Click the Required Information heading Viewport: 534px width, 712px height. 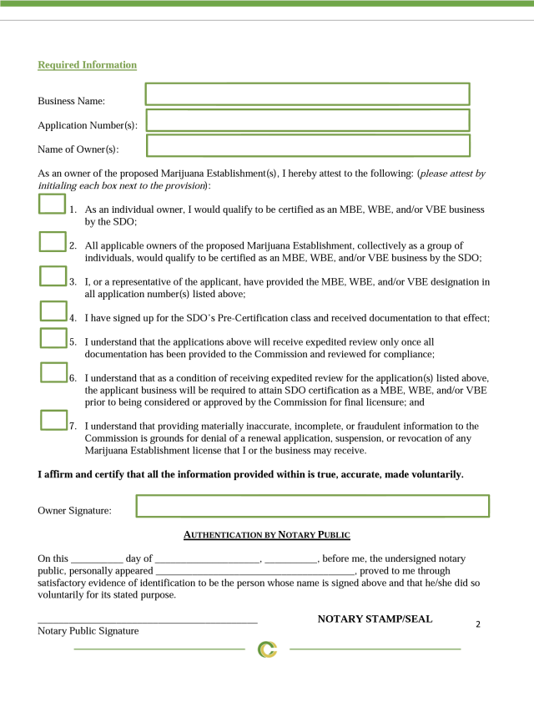click(x=87, y=65)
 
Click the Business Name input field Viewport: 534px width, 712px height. click(x=307, y=94)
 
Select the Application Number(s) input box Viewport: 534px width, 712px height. click(x=308, y=120)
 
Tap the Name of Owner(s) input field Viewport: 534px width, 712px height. click(x=308, y=145)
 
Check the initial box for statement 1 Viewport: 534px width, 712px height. click(x=52, y=204)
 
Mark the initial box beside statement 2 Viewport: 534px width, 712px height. click(x=53, y=241)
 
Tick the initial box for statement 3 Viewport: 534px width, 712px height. click(x=53, y=276)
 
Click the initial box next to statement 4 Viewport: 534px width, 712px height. click(x=53, y=311)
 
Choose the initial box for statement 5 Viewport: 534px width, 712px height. click(x=53, y=337)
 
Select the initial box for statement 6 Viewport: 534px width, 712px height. click(x=53, y=372)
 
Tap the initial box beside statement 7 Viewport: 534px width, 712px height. click(x=53, y=420)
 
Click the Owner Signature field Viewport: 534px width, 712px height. click(x=312, y=506)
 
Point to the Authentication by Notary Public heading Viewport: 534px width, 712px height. click(x=266, y=535)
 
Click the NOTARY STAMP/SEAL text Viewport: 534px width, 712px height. click(x=375, y=619)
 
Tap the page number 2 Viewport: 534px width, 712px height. click(x=478, y=624)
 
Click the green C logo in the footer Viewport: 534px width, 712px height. click(x=267, y=649)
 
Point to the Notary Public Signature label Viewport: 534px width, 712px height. click(x=88, y=631)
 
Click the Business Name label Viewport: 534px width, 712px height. click(x=71, y=101)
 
